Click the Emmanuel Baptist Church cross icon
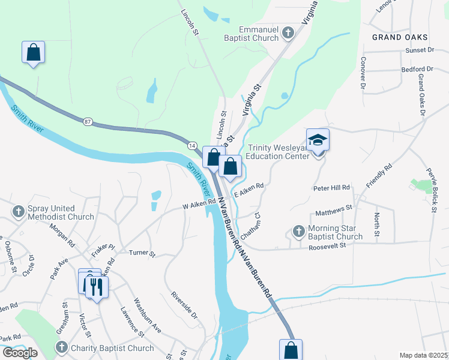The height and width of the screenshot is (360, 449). [288, 32]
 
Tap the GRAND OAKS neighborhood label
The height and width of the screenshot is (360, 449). [396, 37]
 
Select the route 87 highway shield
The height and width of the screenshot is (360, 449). [88, 122]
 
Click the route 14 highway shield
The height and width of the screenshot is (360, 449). [192, 145]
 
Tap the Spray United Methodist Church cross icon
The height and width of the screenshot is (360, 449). [18, 211]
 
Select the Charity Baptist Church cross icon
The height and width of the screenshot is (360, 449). [61, 347]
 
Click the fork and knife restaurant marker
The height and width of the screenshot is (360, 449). [96, 286]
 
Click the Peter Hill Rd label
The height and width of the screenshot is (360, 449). [331, 188]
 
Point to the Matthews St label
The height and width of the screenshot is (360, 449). [333, 209]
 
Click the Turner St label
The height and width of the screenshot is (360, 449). [142, 253]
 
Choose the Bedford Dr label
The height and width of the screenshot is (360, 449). [417, 70]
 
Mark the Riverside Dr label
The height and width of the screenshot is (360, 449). [184, 304]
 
